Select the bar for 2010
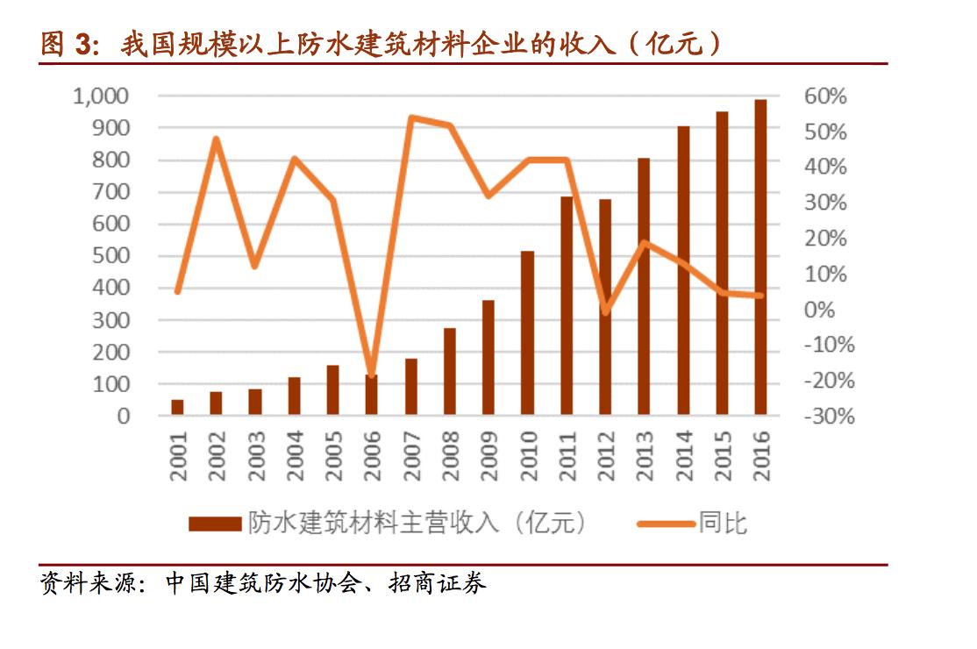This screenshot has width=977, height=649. point(527,332)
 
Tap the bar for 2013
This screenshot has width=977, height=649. point(644,286)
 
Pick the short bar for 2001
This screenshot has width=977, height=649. point(177,407)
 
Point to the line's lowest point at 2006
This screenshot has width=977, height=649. point(372,375)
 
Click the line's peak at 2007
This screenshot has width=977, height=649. point(411,118)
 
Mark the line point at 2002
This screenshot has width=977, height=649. point(216,139)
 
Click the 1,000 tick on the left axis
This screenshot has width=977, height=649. point(102,96)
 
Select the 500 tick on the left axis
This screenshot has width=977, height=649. point(112,256)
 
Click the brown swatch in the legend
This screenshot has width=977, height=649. point(214,524)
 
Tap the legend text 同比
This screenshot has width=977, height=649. point(723,524)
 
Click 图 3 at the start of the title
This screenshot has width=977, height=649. point(67,44)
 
